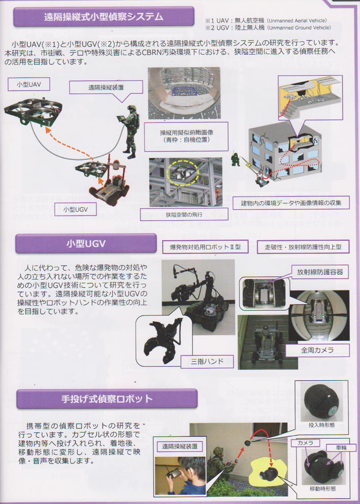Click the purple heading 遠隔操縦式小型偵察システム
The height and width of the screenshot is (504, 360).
[103, 17]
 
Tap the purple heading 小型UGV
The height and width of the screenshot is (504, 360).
[86, 243]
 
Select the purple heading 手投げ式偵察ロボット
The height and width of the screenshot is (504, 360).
[107, 399]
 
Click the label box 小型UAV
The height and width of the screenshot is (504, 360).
[29, 85]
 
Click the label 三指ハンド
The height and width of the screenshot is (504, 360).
[207, 361]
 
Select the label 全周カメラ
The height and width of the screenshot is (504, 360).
[317, 350]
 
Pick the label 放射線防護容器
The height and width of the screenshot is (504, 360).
[320, 272]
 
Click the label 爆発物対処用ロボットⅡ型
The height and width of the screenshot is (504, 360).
[205, 247]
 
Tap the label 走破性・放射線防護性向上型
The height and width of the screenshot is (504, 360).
[303, 247]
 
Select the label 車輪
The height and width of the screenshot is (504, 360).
[341, 447]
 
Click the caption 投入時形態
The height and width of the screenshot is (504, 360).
[322, 425]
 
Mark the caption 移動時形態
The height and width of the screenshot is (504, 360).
[323, 489]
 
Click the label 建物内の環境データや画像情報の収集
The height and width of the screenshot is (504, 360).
[291, 203]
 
